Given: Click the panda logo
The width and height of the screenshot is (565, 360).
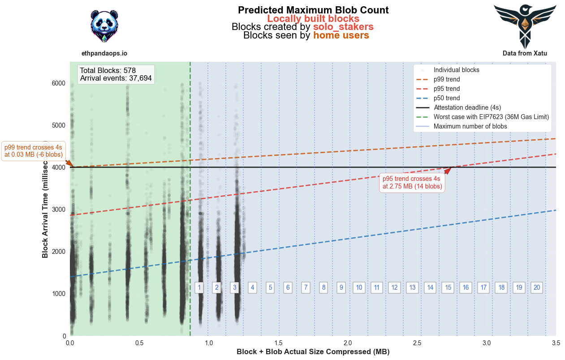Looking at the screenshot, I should pos(104,26).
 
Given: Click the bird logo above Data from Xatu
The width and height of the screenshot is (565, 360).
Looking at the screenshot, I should pos(525,26).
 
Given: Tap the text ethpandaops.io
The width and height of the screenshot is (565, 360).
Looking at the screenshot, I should pos(104,53).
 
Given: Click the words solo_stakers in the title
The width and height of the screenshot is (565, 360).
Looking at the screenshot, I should pos(343,27).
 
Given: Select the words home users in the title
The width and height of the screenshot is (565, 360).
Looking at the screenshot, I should pos(341,35).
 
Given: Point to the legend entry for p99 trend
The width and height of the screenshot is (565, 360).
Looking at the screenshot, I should pos(447,79).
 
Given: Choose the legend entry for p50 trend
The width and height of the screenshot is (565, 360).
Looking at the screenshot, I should pos(447,98).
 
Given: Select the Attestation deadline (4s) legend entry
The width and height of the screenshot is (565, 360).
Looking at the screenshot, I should pos(467,107).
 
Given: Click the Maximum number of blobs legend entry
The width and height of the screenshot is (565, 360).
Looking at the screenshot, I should pos(470,126).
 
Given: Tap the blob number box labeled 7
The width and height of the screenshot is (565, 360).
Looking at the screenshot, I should pos(306,287).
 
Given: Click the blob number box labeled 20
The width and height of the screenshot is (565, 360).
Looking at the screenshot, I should pos(536,287).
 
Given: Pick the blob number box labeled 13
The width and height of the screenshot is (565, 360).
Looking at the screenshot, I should pos(412,287).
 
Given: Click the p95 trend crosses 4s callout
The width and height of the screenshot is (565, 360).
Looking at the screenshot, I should pos(412,182).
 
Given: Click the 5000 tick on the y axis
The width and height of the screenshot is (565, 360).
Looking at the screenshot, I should pos(57,125).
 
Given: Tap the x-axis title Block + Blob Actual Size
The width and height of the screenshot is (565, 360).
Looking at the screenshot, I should pos(313,352).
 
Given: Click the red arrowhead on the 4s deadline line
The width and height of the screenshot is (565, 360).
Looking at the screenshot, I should pos(448,170).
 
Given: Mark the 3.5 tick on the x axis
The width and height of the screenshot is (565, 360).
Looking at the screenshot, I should pos(556,343).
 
